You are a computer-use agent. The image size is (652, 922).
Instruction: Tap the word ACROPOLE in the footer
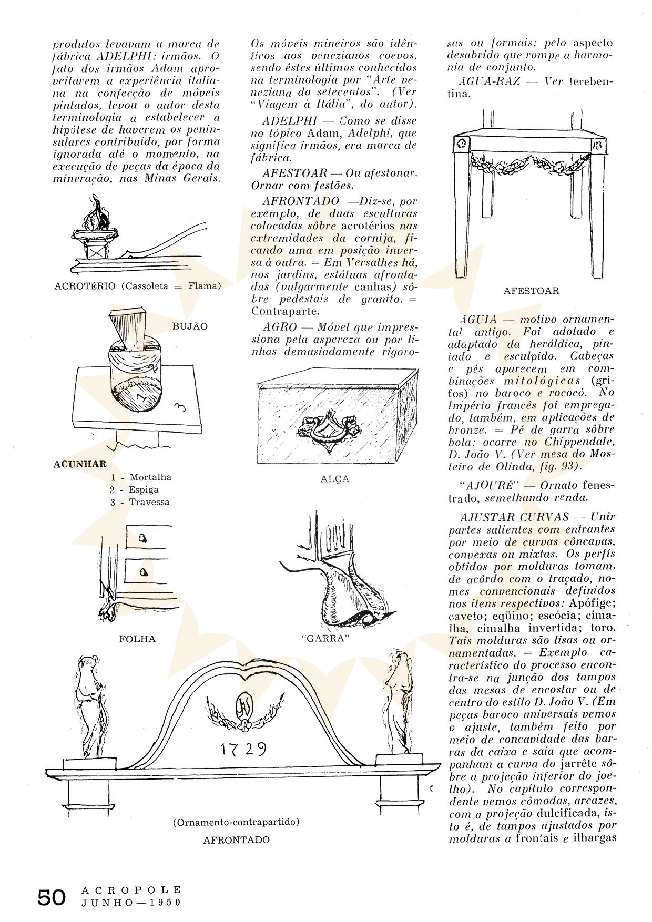(131, 890)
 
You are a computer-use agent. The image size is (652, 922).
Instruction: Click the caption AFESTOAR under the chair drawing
(531, 291)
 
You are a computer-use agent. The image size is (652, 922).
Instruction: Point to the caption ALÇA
(335, 479)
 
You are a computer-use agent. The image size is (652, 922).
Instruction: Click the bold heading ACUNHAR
(80, 464)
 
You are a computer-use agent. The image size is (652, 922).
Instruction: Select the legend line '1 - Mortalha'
(141, 477)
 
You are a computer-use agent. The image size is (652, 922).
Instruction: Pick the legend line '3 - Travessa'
(140, 501)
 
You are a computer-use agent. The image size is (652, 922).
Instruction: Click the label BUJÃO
(190, 326)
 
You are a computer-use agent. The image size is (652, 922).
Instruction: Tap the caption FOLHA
(137, 639)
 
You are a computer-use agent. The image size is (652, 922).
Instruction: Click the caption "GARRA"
(327, 638)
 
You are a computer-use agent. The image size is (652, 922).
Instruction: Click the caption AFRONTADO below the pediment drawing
(237, 839)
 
